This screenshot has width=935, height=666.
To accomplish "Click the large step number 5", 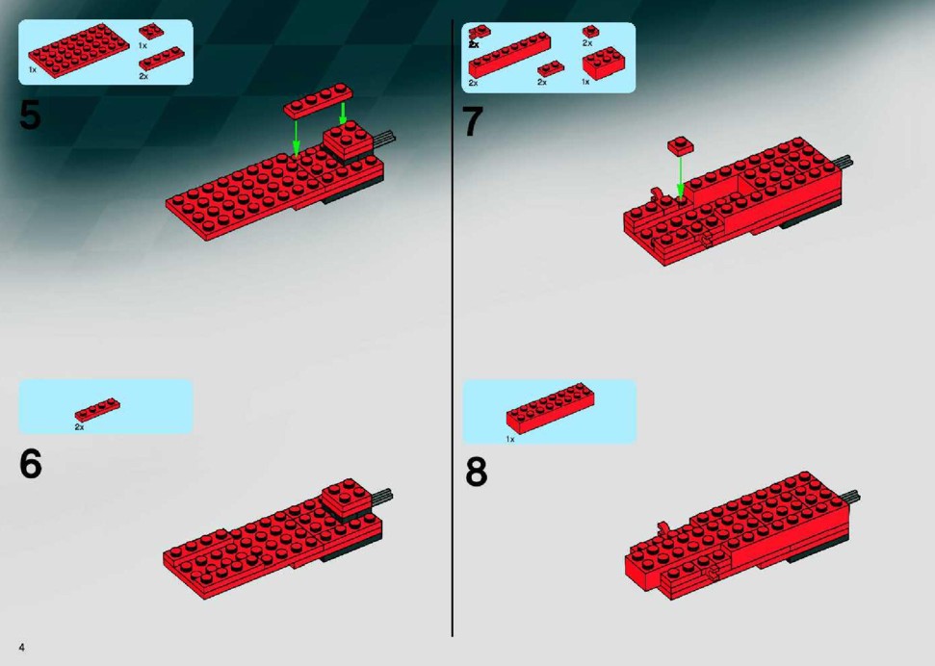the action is coord(31,115).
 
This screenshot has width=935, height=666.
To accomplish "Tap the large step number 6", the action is coord(31,464).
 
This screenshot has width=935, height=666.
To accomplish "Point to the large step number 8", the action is coord(476,473).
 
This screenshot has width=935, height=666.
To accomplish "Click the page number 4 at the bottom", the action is coord(22,648).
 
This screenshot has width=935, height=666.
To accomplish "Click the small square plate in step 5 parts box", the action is coord(151,32).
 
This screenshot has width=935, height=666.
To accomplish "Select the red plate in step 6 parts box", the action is coord(97,410).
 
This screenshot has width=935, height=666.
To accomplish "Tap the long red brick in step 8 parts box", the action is coord(551,408).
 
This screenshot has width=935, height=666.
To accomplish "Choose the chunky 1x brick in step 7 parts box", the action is coord(604,63).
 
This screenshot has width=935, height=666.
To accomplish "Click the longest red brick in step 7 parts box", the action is coord(509,56).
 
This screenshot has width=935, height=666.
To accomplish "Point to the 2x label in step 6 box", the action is coord(79,427).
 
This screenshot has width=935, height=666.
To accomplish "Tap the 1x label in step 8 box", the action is coord(510,440).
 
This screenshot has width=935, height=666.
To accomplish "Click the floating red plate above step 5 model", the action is coord(319,100).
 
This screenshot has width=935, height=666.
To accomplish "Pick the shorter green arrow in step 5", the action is coord(343,114).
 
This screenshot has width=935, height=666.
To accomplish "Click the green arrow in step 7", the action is coord(681,176).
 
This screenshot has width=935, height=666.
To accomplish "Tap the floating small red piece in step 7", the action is coord(681,145).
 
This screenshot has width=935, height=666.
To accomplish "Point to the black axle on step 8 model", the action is coord(851,496).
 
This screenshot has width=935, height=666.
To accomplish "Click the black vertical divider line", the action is coord(452,328).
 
